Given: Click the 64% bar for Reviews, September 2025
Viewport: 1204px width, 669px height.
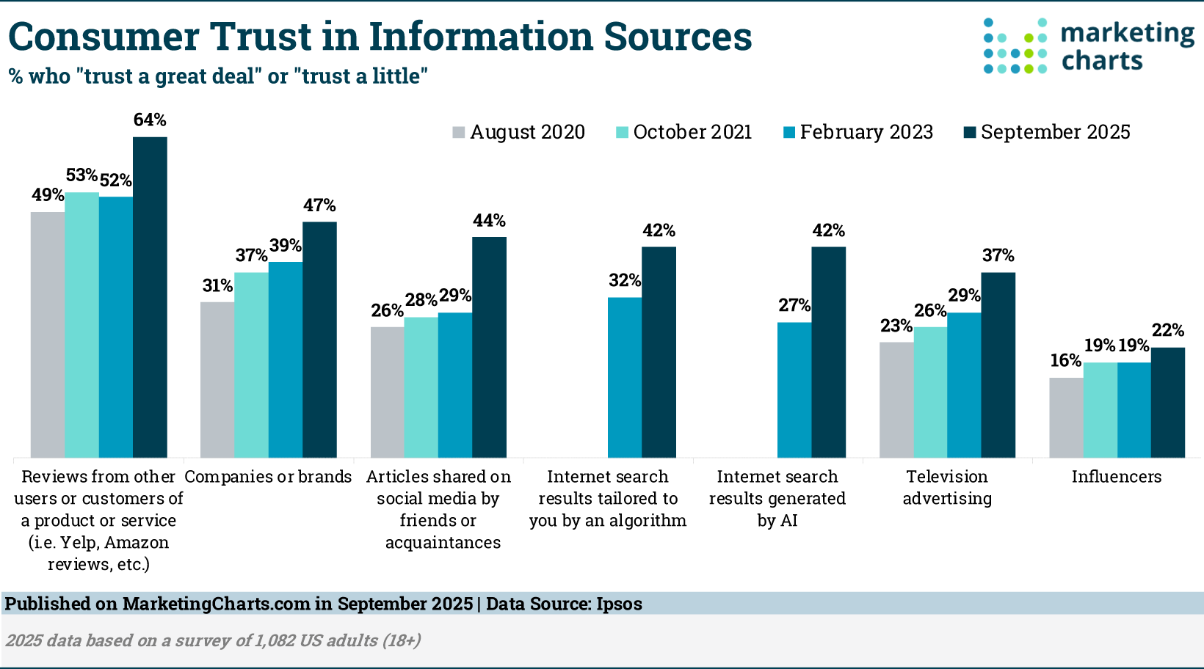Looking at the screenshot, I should pos(150,297).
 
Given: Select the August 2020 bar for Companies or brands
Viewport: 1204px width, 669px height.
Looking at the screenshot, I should pos(217,380).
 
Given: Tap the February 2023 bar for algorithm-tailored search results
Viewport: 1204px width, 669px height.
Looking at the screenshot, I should pos(625,377).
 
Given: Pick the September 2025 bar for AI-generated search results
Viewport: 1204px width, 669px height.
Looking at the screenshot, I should pos(828,352).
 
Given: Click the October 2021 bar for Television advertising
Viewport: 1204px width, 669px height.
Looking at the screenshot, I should pos(930,392).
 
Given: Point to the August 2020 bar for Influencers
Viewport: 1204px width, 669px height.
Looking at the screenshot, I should pos(1066,417).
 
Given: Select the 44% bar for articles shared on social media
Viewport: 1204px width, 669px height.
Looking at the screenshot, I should pos(489,347).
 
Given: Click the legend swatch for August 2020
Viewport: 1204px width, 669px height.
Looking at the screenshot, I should pos(459,133).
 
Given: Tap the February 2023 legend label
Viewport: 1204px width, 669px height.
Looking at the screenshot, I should pos(866,132).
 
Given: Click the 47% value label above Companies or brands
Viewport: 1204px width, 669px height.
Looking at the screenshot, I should pos(319,206).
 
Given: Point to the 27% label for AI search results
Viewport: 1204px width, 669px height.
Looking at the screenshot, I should pos(794,306).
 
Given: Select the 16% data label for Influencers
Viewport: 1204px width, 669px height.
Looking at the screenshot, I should pos(1065,361).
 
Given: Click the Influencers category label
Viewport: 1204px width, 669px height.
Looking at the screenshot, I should pos(1116,477).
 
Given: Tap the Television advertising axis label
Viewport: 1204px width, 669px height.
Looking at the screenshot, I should pos(947,488).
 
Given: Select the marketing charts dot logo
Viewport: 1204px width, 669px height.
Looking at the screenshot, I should pos(1015,45).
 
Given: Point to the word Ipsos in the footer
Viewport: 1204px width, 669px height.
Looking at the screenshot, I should pos(619,604).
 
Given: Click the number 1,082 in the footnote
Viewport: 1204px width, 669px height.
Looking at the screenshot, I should pos(275,640).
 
